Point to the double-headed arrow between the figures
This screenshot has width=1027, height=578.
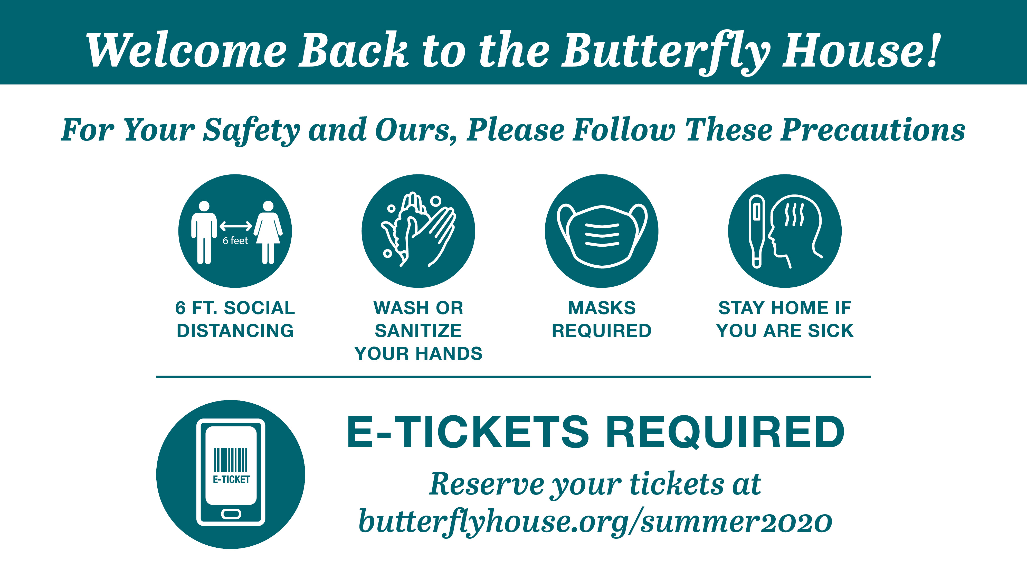click(236, 226)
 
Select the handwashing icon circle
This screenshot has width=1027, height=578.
click(418, 231)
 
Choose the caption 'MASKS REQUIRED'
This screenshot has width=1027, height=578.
click(602, 319)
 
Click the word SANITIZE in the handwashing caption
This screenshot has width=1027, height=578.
click(418, 331)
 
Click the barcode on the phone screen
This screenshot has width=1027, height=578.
click(231, 460)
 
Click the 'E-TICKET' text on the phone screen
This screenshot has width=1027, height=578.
click(231, 479)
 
